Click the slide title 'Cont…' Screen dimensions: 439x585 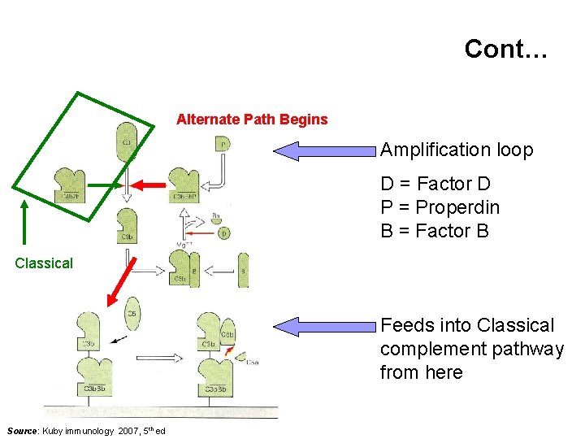506,50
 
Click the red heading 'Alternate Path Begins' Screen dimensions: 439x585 252,120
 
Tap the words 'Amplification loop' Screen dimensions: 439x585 457,150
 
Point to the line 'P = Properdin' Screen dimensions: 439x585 440,208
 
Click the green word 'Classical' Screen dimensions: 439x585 44,263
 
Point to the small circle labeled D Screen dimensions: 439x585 224,233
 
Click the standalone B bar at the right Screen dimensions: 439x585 243,270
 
